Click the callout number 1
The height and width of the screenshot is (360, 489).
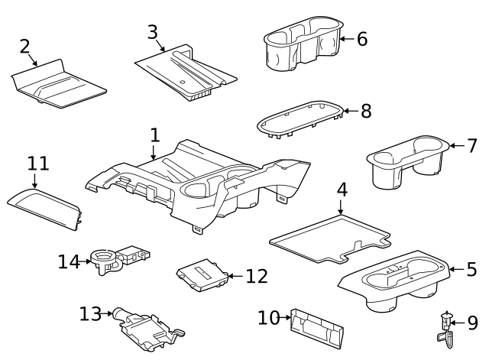click(x=155, y=135)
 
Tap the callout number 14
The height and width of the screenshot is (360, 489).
click(x=70, y=261)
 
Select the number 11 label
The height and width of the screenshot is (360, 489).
click(x=38, y=163)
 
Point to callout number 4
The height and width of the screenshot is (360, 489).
click(x=342, y=190)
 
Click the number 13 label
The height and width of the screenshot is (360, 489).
click(x=90, y=313)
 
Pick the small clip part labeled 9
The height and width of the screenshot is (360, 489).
click(x=446, y=330)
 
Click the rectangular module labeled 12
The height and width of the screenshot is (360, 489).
click(x=202, y=275)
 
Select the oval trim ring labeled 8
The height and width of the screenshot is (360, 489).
click(x=300, y=119)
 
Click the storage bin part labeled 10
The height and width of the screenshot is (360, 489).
click(x=316, y=329)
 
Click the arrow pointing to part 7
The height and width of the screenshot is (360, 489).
click(x=457, y=146)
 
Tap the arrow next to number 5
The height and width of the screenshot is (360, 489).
click(x=456, y=269)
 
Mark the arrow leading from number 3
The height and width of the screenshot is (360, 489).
click(x=160, y=46)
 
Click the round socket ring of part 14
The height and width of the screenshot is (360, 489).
click(x=102, y=257)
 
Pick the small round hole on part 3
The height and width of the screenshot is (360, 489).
click(x=183, y=83)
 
